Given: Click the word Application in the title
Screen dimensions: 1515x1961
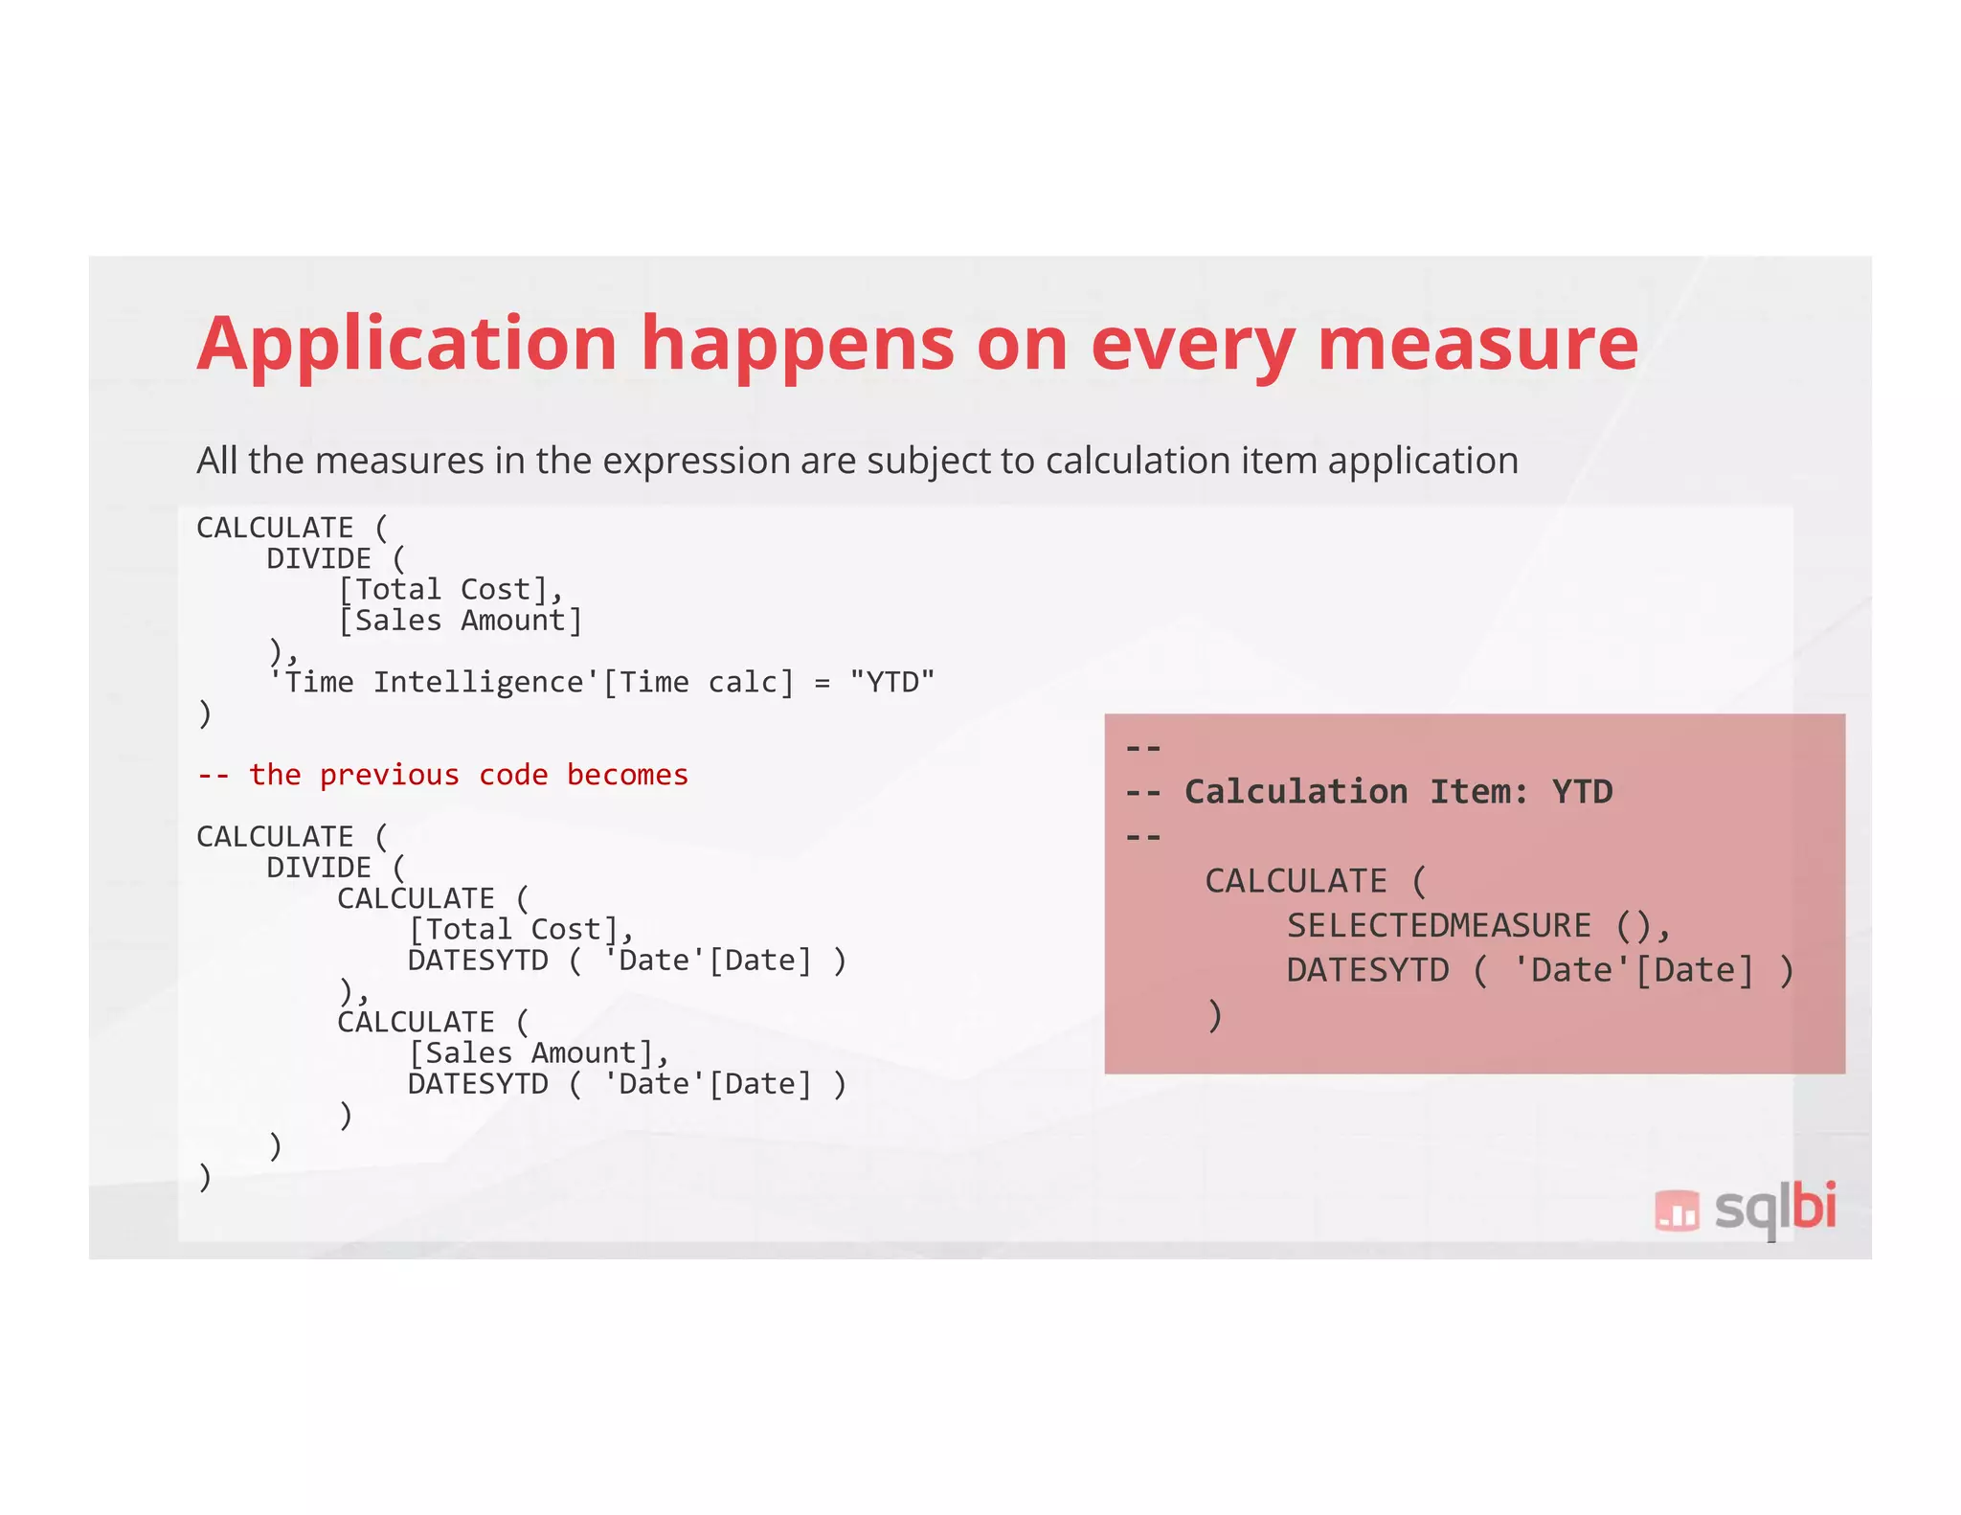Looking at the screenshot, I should [407, 345].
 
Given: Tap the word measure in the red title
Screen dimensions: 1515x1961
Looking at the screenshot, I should [1477, 345].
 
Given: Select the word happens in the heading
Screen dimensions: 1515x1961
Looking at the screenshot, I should [797, 345].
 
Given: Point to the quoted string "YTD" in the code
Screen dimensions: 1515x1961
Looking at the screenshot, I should [891, 683].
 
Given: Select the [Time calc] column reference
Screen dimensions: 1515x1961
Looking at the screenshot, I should [698, 683].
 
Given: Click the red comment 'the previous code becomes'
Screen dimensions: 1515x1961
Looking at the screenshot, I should [467, 775].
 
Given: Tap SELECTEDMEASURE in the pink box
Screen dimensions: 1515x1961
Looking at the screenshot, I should [1438, 926].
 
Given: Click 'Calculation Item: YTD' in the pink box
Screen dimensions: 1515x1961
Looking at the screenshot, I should [1398, 792].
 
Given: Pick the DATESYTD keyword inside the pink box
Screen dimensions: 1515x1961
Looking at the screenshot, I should [1367, 971].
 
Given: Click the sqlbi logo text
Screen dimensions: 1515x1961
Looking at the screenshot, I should [1774, 1209].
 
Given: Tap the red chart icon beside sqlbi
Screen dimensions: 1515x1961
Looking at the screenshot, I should [1676, 1210].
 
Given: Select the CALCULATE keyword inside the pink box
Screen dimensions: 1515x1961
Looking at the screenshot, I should [1296, 881].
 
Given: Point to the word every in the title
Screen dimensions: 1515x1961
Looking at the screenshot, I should [1192, 345].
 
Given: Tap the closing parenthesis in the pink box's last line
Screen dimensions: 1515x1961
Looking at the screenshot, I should [1214, 1016].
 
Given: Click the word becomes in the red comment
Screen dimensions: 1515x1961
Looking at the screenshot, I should [627, 775].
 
